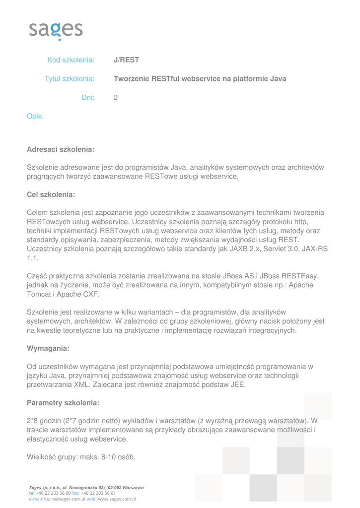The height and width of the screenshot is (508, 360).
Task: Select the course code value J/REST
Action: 126,60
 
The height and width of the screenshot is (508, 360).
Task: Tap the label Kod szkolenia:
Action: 71,60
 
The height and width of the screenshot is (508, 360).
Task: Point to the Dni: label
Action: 88,98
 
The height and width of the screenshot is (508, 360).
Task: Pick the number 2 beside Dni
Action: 116,98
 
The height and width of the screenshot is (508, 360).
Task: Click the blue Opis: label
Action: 35,117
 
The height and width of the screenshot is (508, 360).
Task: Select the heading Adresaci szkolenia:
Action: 60,149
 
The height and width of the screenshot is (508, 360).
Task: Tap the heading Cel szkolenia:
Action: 51,194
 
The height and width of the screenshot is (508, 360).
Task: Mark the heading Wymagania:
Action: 48,348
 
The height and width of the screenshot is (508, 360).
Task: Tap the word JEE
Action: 238,384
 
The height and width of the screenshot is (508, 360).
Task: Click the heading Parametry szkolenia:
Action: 63,402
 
